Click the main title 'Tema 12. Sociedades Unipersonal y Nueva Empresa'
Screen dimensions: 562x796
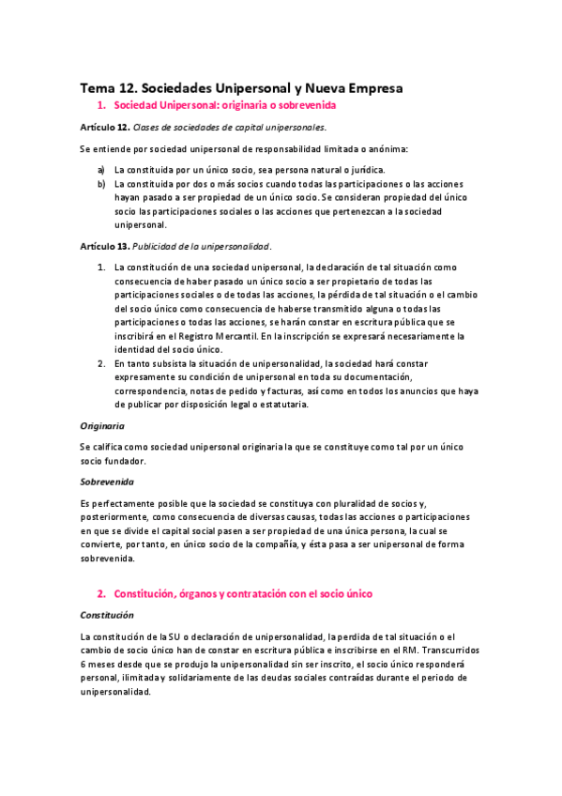pyautogui.click(x=241, y=87)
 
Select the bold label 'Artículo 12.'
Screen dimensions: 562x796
pyautogui.click(x=104, y=127)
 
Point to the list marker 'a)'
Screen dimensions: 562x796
pyautogui.click(x=101, y=170)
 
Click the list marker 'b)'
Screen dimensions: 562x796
pyautogui.click(x=101, y=185)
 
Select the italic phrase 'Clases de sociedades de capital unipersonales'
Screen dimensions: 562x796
pyautogui.click(x=230, y=127)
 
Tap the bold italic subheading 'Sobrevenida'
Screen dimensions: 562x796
pyautogui.click(x=106, y=482)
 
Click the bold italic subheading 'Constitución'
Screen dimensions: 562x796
pyautogui.click(x=107, y=615)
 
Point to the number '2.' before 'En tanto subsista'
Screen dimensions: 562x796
pyautogui.click(x=102, y=363)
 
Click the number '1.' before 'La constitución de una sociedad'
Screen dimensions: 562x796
pyautogui.click(x=102, y=268)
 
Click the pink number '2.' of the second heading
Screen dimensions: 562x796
pyautogui.click(x=102, y=593)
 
